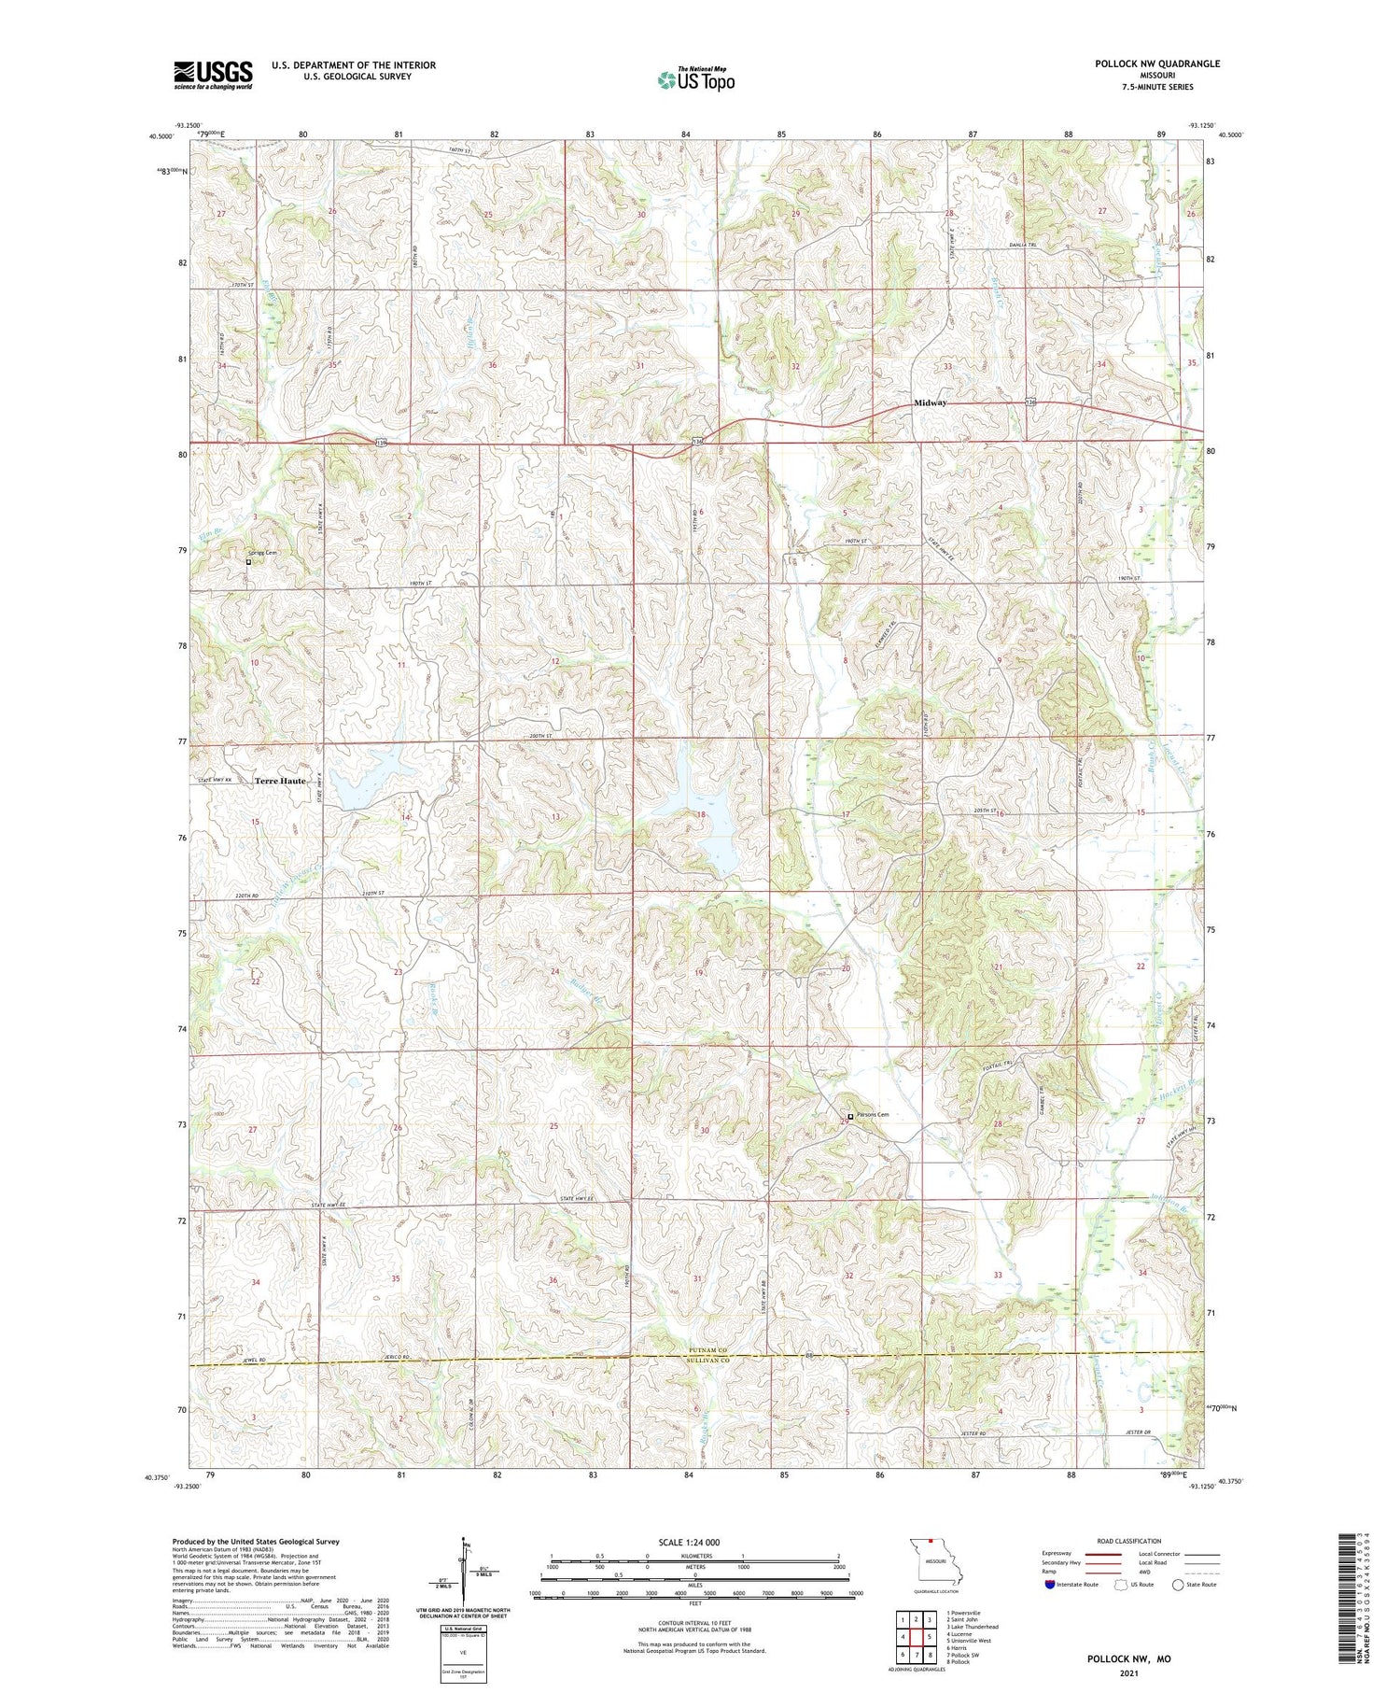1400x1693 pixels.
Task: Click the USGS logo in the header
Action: [213, 75]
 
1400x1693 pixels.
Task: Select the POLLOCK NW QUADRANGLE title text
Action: [1156, 63]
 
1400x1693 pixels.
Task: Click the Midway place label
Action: [930, 402]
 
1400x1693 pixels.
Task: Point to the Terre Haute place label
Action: [280, 781]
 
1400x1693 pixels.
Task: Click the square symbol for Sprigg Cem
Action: [248, 562]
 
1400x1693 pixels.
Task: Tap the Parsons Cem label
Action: [872, 1115]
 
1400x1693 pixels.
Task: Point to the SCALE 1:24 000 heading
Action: [689, 1543]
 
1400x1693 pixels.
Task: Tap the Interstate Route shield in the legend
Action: [1050, 1585]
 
